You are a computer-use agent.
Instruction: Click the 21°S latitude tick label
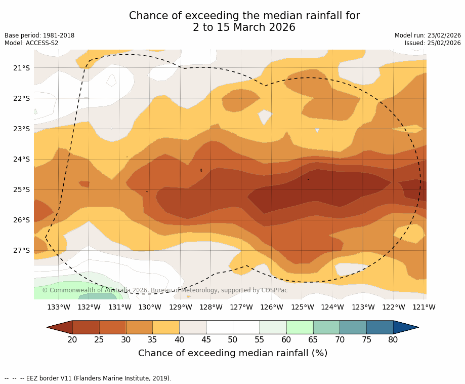21,68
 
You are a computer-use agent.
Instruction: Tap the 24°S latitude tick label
21,159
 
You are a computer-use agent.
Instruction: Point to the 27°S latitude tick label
21,250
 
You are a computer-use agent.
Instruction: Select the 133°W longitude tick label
59,307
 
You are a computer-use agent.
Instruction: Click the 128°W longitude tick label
210,307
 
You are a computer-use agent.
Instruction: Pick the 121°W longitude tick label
424,307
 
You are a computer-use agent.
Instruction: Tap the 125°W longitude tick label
302,307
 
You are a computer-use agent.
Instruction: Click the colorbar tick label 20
72,339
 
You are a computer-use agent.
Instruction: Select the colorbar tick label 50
233,339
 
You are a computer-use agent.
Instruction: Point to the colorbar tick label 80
393,339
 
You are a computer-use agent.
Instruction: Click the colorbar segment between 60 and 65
300,327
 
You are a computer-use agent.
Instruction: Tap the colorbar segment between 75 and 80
379,327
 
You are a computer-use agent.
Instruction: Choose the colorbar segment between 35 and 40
166,327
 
